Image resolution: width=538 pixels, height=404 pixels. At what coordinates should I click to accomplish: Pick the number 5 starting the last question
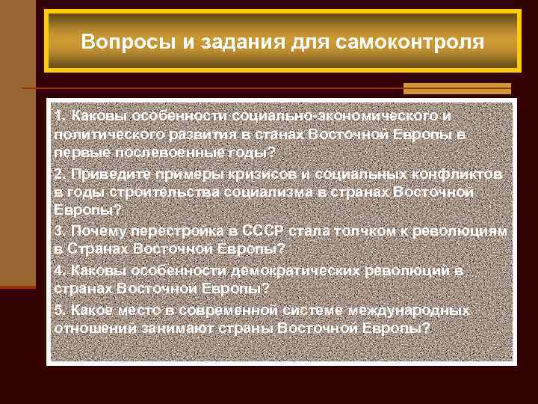coord(58,308)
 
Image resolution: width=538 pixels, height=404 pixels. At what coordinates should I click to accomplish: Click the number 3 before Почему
coord(58,231)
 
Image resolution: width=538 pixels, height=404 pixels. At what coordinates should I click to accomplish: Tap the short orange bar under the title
coord(457,88)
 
